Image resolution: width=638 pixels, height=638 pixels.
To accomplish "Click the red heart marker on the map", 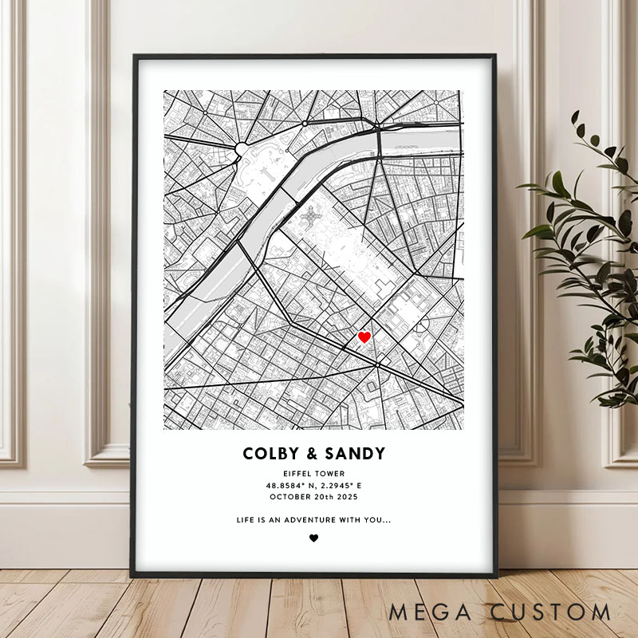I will point(364,337).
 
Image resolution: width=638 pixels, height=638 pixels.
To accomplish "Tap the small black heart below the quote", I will point(313,538).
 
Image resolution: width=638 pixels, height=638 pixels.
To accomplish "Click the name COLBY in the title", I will point(269,454).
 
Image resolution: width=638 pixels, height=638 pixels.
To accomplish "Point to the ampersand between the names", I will point(312,454).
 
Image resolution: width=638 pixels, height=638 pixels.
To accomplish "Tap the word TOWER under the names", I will point(330,474).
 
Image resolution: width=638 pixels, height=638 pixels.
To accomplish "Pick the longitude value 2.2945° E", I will point(339,485).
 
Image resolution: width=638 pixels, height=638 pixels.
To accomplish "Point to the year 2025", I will point(346,496).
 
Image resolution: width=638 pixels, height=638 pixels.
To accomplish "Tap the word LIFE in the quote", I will point(245,520).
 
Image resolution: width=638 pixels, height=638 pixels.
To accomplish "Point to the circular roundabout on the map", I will point(242,148).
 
